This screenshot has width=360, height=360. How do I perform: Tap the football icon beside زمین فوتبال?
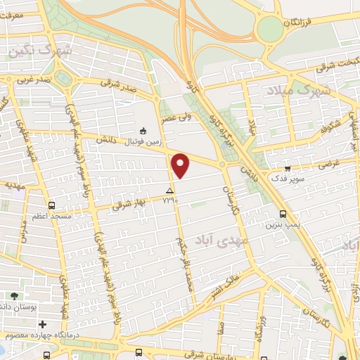click(143, 130)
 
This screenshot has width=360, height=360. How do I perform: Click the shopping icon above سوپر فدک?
click(288, 168)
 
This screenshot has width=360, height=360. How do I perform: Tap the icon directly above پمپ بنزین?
click(283, 213)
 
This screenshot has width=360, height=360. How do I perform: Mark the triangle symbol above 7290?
click(169, 191)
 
